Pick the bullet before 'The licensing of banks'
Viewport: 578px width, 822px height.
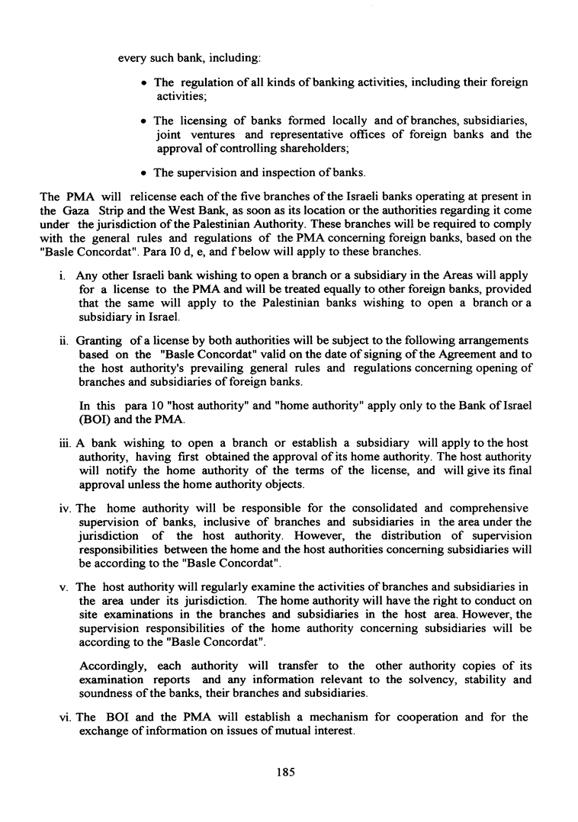(x=144, y=121)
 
